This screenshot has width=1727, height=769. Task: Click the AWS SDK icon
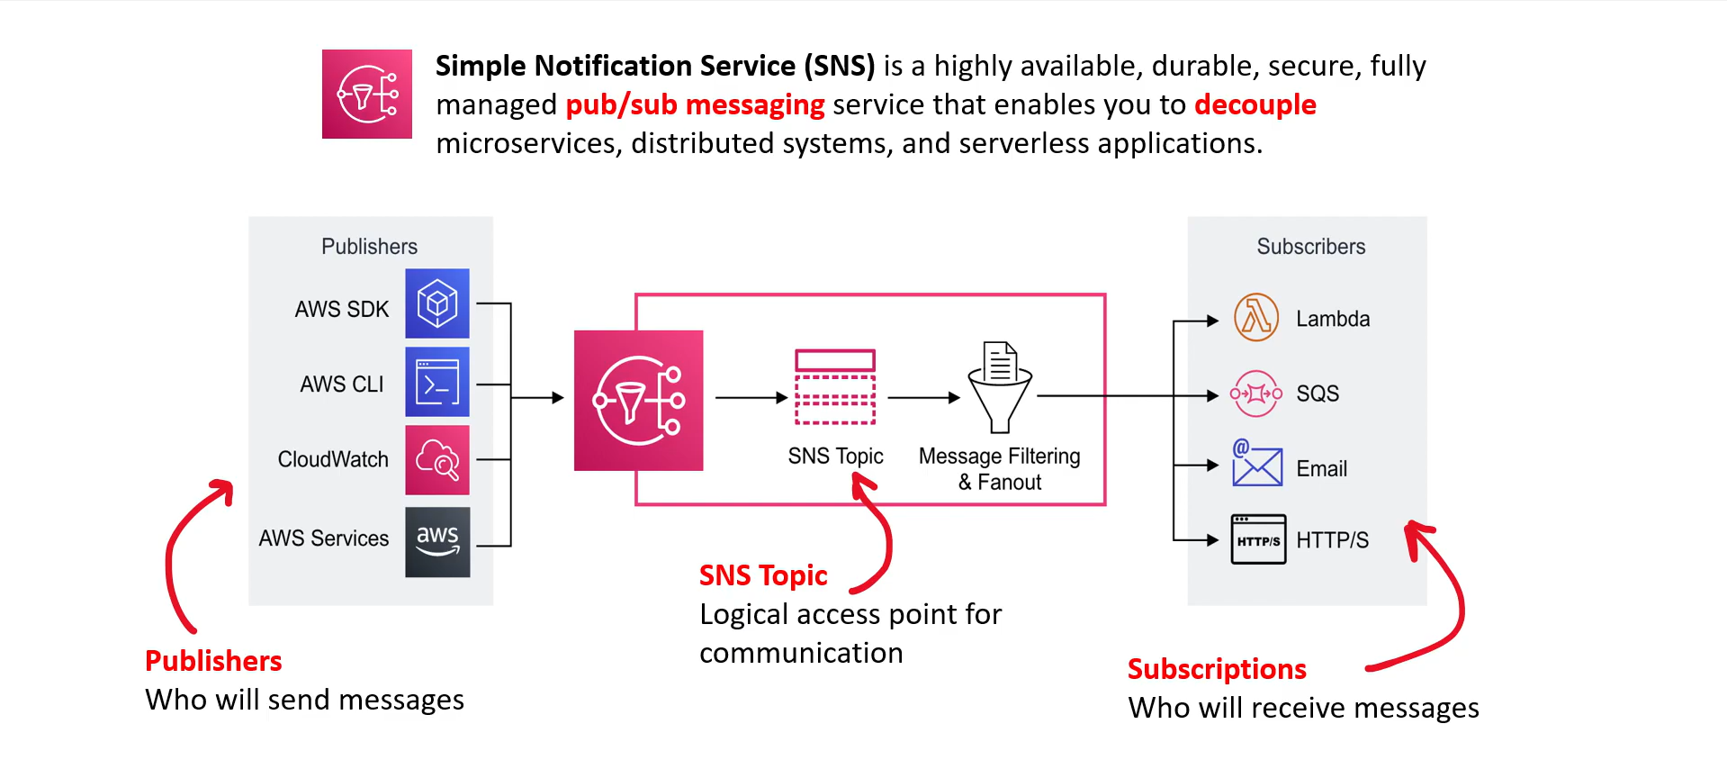pyautogui.click(x=437, y=303)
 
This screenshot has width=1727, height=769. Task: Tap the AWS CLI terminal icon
pyautogui.click(x=437, y=382)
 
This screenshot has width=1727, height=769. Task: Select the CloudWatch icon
pyautogui.click(x=437, y=460)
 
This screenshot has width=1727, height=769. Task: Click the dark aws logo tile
pyautogui.click(x=437, y=542)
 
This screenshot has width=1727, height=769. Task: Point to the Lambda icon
pyautogui.click(x=1256, y=318)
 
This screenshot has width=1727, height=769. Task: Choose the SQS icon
pyautogui.click(x=1256, y=394)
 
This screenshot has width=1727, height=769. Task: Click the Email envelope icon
pyautogui.click(x=1257, y=463)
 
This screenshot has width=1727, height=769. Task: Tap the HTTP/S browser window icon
pyautogui.click(x=1258, y=538)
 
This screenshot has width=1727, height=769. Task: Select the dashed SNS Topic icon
pyautogui.click(x=835, y=386)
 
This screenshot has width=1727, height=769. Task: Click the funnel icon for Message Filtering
pyautogui.click(x=1000, y=387)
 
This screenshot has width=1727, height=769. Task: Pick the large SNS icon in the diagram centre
pyautogui.click(x=639, y=401)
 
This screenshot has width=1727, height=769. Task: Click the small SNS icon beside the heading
pyautogui.click(x=367, y=94)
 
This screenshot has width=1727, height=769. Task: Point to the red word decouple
pyautogui.click(x=1255, y=104)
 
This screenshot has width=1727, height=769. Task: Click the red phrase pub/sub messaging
pyautogui.click(x=695, y=104)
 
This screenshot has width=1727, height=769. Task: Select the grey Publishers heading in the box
pyautogui.click(x=370, y=247)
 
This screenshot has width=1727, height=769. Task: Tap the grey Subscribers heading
pyautogui.click(x=1311, y=247)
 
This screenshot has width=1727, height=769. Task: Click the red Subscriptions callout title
pyautogui.click(x=1217, y=669)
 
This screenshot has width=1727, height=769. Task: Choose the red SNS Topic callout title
pyautogui.click(x=763, y=575)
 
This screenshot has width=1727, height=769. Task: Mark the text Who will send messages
pyautogui.click(x=304, y=700)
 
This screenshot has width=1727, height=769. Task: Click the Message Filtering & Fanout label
pyautogui.click(x=1000, y=469)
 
